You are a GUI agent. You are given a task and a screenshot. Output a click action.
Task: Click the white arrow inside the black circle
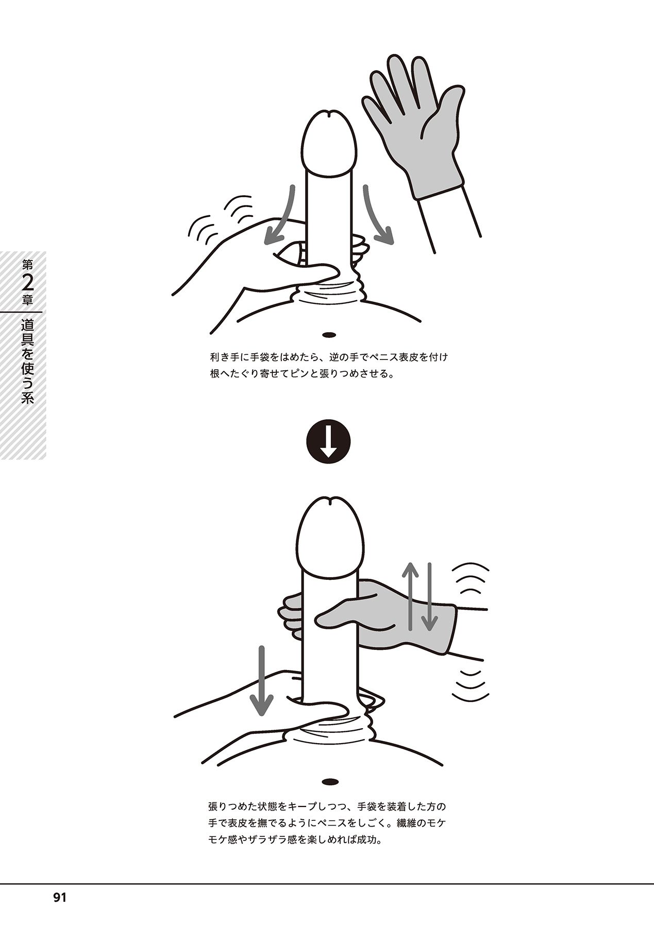328,441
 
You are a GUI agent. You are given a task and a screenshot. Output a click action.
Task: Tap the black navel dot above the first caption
328,335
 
